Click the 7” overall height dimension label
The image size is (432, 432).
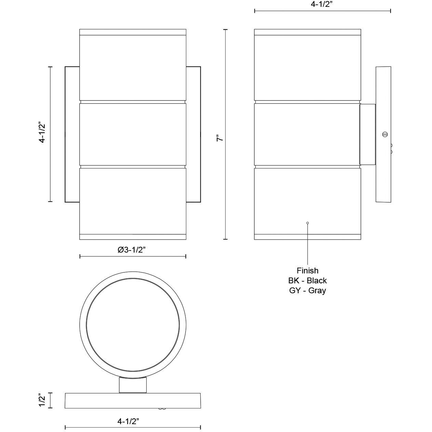coord(220,138)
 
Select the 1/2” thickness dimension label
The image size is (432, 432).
coord(42,400)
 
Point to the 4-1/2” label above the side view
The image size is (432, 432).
coord(322,4)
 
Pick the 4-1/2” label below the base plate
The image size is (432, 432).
coord(128,421)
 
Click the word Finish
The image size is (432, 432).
coord(307,271)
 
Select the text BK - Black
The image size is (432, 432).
coord(307,281)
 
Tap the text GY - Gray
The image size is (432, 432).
coord(307,291)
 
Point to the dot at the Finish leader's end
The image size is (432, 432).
coord(308,223)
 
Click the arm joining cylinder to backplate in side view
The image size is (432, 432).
coord(368,134)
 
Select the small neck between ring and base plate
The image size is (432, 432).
coord(133,385)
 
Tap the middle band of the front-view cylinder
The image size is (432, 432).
coord(133,134)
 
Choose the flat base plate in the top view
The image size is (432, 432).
coord(133,400)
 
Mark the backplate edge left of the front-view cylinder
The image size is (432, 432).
coord(72,134)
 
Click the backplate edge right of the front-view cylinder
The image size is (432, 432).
coord(193,134)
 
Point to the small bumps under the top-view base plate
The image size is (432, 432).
coord(162,408)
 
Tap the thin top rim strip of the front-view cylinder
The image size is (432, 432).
coord(133,32)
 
